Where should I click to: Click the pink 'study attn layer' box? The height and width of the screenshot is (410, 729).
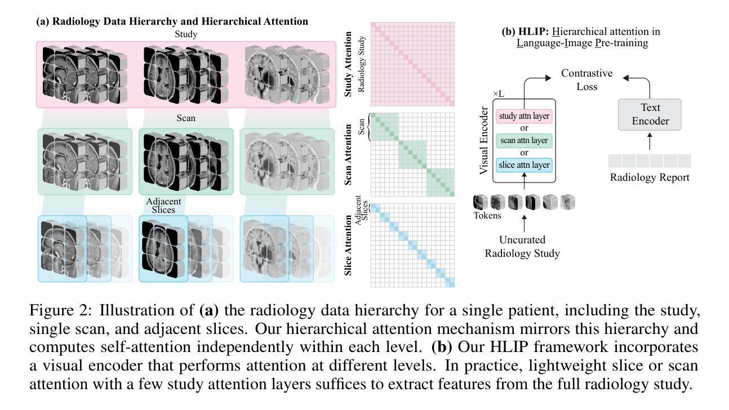point(524,116)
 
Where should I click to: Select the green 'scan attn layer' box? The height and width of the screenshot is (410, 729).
point(524,141)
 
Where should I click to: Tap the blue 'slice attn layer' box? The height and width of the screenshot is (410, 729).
point(524,165)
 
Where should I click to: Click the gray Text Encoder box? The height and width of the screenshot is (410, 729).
point(650,114)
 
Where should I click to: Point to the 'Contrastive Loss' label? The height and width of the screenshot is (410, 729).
point(587,80)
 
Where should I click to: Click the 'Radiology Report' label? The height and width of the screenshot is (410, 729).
point(650,177)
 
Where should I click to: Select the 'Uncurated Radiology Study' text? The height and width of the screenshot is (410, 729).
point(522,247)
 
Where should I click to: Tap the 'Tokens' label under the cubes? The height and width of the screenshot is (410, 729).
point(487,215)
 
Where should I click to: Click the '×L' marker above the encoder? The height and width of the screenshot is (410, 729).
point(499,94)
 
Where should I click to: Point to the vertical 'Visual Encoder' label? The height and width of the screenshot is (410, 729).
point(484,141)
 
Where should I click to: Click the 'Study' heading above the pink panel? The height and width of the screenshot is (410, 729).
point(186,34)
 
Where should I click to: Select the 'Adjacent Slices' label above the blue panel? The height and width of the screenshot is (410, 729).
point(163,206)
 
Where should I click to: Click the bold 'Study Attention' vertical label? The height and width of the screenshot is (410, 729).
point(348,64)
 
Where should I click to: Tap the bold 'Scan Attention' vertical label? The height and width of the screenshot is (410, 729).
point(348,154)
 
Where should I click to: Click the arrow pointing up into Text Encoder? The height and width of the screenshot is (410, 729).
point(650,141)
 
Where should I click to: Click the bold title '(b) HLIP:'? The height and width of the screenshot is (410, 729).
point(525,32)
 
